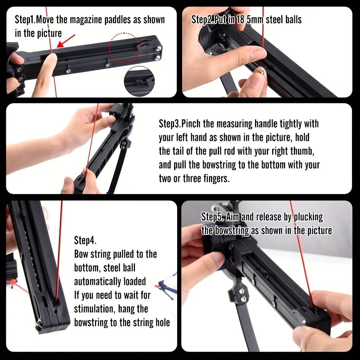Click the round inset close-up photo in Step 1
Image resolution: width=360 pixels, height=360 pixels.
point(139,80)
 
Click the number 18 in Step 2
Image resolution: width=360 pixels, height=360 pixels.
point(240,19)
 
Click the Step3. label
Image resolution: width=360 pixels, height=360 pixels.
point(169,124)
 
